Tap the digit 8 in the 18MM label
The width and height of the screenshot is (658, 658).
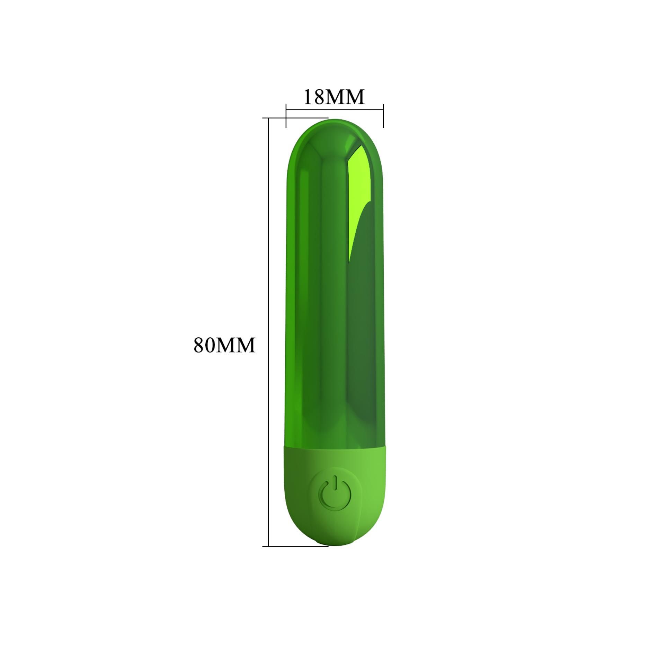coord(319,97)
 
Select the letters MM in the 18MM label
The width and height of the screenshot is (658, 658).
coord(345,97)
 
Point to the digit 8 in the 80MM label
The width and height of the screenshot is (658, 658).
coord(199,345)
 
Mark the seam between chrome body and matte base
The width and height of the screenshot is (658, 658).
coord(335,446)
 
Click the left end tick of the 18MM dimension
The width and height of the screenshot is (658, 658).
coord(286,116)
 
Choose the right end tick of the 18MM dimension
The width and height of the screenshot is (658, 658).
coord(383,116)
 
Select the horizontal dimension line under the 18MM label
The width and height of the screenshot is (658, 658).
coord(335,110)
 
